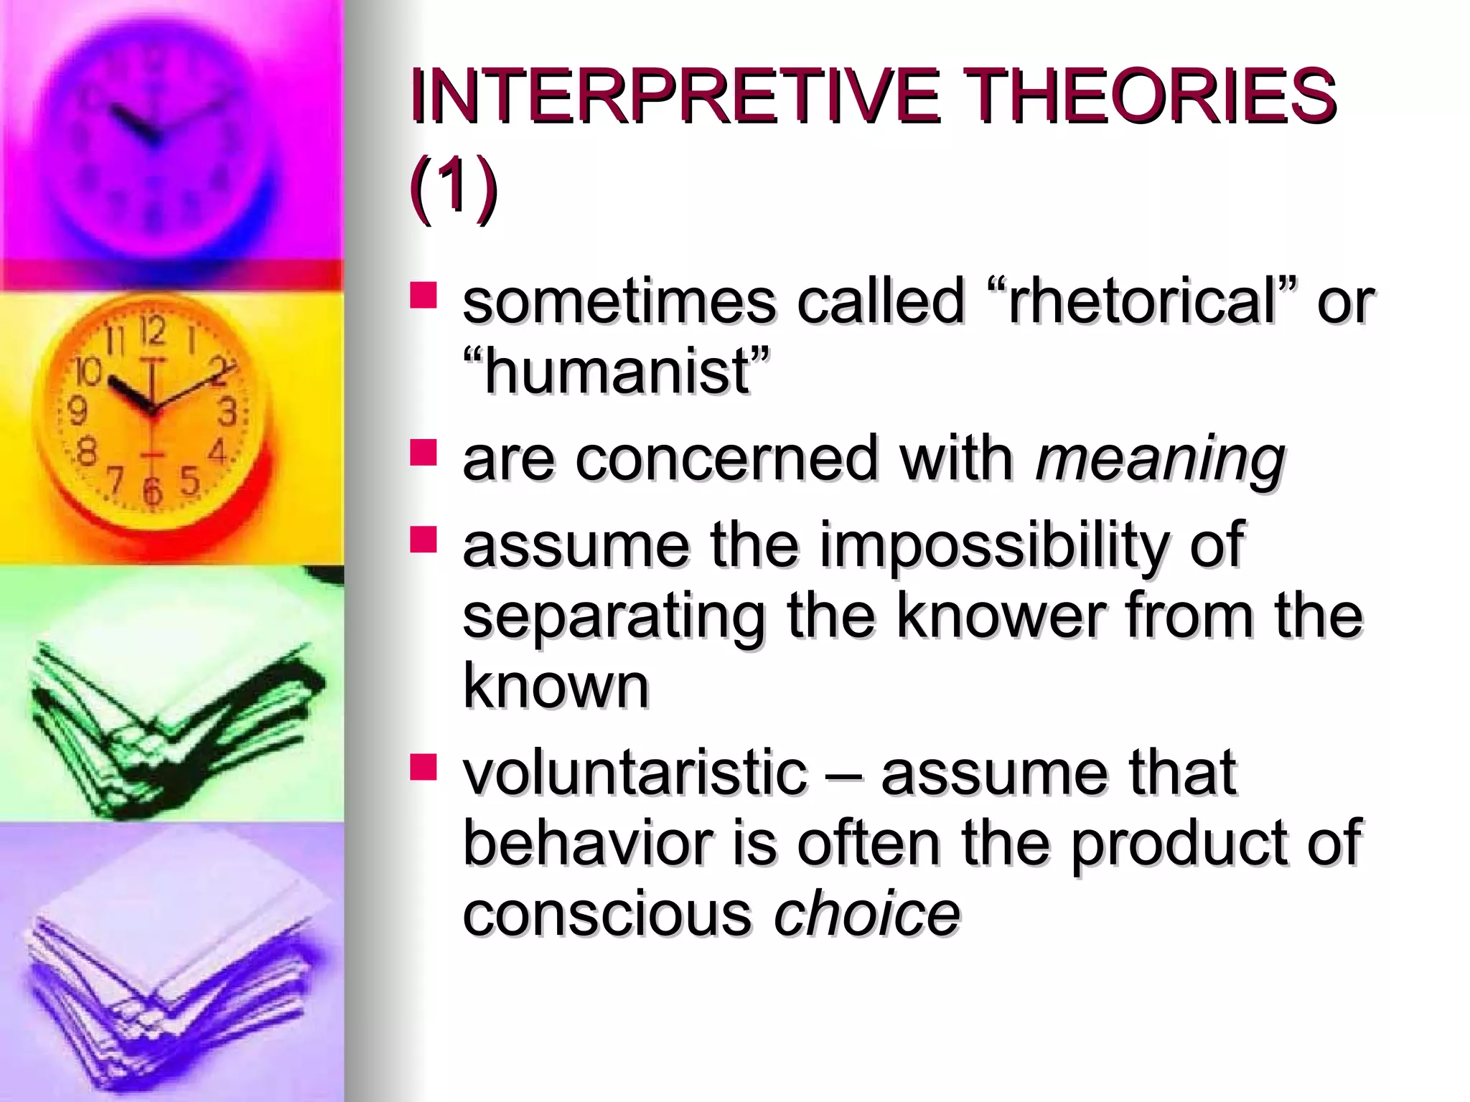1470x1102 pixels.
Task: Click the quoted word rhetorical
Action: coord(1142,301)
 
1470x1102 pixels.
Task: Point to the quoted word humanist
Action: coord(617,371)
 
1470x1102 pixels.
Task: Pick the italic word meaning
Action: coord(1160,458)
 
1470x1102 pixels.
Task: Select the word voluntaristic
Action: coord(635,773)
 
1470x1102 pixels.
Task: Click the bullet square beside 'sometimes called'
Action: coord(423,295)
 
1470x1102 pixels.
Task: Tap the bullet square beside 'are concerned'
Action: coord(423,453)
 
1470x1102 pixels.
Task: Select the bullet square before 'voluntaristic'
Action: coord(423,767)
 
